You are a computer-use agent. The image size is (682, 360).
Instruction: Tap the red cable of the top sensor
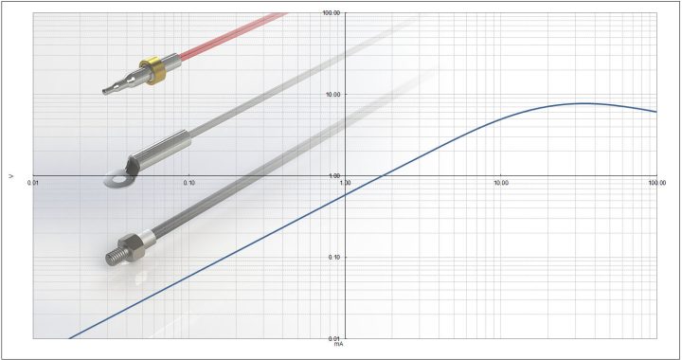point(233,35)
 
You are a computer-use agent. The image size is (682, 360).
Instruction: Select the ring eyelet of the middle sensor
point(115,179)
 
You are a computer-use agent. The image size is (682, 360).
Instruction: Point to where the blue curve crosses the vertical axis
point(345,196)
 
